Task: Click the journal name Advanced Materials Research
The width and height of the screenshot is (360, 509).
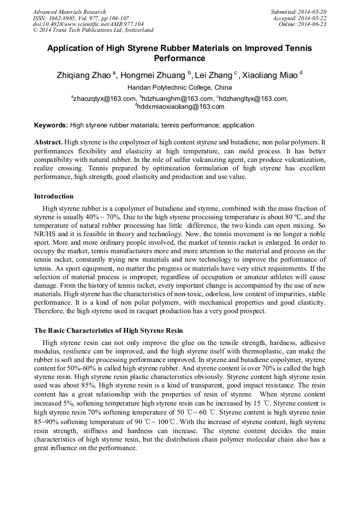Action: pyautogui.click(x=69, y=12)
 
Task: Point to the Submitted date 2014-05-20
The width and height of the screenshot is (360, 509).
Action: pyautogui.click(x=298, y=12)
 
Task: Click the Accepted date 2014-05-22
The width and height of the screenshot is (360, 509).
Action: pyautogui.click(x=299, y=18)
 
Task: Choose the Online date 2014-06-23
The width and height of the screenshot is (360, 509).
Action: pyautogui.click(x=303, y=24)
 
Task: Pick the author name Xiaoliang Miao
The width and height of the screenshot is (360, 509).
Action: pyautogui.click(x=270, y=75)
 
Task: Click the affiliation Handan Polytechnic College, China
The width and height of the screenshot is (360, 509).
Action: pyautogui.click(x=179, y=88)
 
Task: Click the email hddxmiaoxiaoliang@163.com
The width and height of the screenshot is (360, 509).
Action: pyautogui.click(x=181, y=106)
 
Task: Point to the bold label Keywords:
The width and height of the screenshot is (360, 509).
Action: pyautogui.click(x=51, y=126)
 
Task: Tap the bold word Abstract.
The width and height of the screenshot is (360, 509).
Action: pyautogui.click(x=48, y=143)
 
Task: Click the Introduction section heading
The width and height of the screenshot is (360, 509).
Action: pyautogui.click(x=54, y=196)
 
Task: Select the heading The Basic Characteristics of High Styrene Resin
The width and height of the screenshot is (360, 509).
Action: pyautogui.click(x=108, y=331)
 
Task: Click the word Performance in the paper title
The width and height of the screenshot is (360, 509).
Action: pyautogui.click(x=179, y=58)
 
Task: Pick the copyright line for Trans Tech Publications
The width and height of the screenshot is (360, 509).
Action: pyautogui.click(x=93, y=31)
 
